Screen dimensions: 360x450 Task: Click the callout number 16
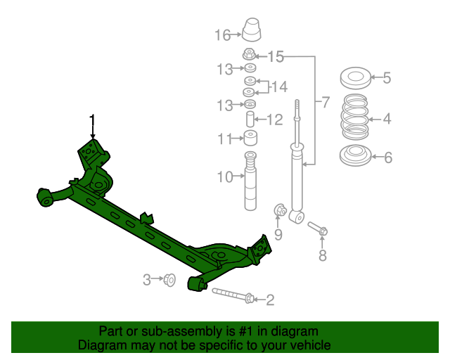coord(222,34)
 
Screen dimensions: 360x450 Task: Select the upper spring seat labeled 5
coord(355,77)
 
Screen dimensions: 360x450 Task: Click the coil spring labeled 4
coord(355,117)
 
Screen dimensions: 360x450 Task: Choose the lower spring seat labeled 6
coord(355,156)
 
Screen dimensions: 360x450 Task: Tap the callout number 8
coord(323,256)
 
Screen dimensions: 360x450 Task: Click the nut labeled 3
coord(169,280)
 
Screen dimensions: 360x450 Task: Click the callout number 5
coord(387,78)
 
